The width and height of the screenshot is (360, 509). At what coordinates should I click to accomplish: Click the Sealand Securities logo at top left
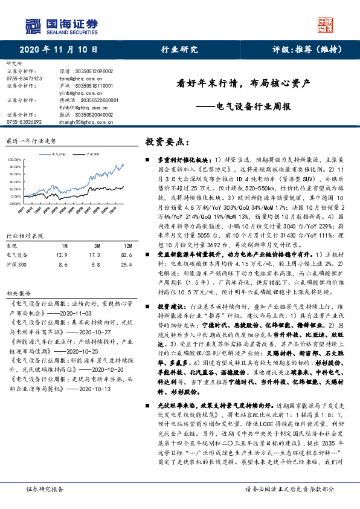pos(61,26)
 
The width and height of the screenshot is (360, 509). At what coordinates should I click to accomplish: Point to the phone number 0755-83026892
pos(23,122)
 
